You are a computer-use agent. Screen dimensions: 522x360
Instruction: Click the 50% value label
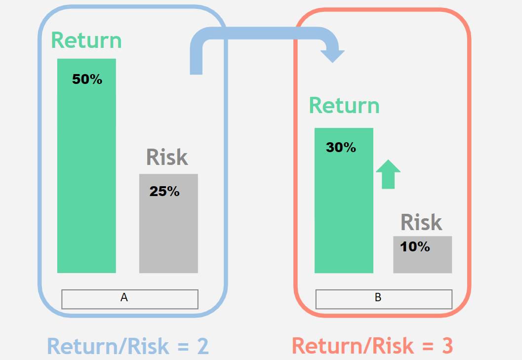[x=87, y=79]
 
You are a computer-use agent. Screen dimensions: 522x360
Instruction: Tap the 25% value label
[x=164, y=191]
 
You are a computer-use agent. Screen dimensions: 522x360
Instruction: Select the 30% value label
[x=341, y=147]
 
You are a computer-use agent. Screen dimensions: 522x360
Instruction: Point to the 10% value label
[x=415, y=246]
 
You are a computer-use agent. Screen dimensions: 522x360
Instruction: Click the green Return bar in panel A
[x=86, y=166]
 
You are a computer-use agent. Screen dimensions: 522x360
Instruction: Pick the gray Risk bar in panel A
[x=168, y=224]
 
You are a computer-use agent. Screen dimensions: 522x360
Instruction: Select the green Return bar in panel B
[x=344, y=200]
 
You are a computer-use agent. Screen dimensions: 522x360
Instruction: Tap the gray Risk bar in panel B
[x=422, y=255]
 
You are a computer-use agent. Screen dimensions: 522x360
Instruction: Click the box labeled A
[x=130, y=299]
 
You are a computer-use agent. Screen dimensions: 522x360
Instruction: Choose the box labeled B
[x=384, y=299]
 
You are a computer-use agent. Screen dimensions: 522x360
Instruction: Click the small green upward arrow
[x=388, y=174]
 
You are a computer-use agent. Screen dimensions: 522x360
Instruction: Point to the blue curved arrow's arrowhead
[x=332, y=56]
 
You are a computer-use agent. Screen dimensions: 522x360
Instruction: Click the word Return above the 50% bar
[x=86, y=40]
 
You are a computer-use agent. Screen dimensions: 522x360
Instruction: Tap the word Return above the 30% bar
[x=344, y=106]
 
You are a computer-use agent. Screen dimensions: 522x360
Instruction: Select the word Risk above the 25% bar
[x=167, y=157]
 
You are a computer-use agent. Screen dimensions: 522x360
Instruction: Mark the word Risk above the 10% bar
[x=421, y=222]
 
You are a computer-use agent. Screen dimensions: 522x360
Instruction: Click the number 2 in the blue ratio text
[x=203, y=346]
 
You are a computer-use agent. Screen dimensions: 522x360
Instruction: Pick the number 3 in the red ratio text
[x=447, y=346]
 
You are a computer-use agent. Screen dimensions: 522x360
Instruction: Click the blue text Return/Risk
[x=108, y=346]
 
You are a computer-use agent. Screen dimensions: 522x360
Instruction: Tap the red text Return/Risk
[x=353, y=346]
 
